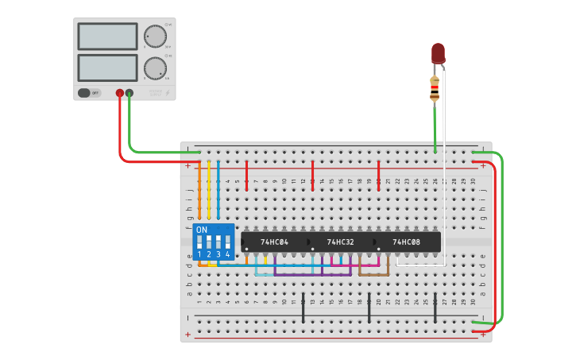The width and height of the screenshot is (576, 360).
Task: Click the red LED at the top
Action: coord(438,53)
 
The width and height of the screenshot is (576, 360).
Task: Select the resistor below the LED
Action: coord(435,88)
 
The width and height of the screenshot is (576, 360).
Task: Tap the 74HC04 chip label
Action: coord(274,242)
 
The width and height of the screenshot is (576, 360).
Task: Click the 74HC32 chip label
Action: coord(340,242)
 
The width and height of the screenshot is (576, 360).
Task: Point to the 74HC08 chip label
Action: coord(406,242)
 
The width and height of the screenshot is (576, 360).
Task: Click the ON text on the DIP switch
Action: coord(202,230)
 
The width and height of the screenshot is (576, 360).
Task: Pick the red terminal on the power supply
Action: coord(120,93)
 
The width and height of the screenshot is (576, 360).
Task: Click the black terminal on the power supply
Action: coord(130,93)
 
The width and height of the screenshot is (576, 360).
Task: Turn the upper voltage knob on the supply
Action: coord(155,36)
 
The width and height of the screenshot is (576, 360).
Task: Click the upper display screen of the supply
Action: coord(108,36)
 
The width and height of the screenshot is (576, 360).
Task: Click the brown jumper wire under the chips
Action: coord(373,274)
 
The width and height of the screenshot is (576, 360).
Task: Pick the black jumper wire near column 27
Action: coord(435,307)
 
